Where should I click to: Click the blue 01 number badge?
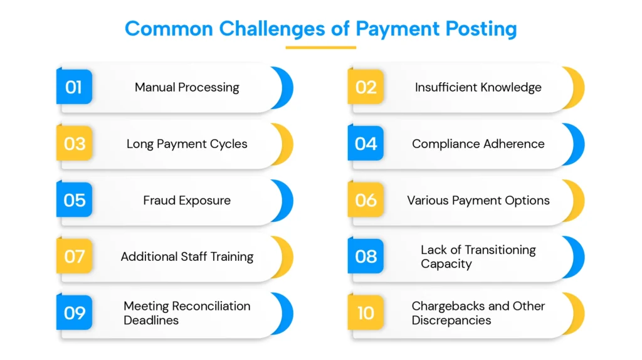74,87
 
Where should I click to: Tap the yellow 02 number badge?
366,87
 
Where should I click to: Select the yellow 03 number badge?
74,143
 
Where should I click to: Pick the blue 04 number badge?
366,143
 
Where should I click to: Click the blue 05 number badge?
74,199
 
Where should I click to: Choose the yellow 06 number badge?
366,199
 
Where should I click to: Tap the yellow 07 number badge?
74,256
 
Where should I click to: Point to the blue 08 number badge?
366,256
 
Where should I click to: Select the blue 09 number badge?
74,312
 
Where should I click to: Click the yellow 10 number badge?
366,312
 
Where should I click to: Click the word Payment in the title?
397,29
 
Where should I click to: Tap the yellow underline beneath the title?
320,48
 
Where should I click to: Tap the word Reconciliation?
211,306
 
